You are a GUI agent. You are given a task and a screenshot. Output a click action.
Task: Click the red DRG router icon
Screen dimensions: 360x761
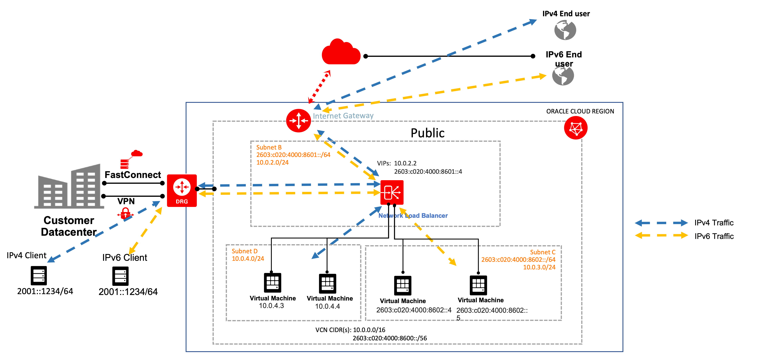point(182,190)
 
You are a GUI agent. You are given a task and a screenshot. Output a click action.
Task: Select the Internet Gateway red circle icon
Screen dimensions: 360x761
point(298,121)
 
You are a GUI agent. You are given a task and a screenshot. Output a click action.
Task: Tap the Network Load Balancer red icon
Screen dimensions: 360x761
point(392,192)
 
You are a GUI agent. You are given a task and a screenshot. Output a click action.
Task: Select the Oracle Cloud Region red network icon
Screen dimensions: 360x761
point(575,128)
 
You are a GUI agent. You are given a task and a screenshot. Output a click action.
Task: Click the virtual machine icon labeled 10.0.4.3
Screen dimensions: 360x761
point(272,283)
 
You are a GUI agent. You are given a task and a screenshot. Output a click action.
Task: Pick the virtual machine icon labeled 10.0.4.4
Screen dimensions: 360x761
point(327,283)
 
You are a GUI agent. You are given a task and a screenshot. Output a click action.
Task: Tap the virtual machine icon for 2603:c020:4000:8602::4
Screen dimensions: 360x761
point(403,285)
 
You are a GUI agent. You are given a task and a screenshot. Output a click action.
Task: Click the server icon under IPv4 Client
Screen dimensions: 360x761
point(39,276)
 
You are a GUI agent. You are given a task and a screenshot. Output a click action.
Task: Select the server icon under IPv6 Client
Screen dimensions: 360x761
point(120,276)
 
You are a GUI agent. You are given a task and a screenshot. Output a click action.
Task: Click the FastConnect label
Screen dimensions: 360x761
point(133,175)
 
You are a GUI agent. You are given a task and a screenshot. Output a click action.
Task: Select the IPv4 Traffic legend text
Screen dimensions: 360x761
point(714,223)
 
